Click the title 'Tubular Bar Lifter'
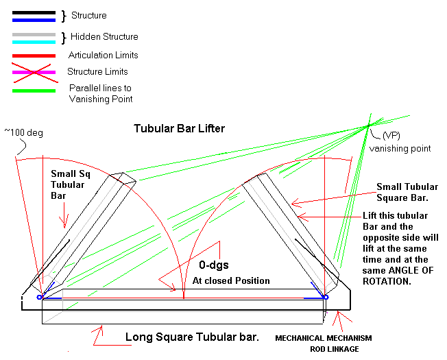tap(180, 128)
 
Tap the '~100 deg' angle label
tap(24, 132)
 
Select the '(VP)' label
tap(391, 135)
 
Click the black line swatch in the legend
tap(34, 12)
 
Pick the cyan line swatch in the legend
tap(34, 43)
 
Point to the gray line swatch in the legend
tap(34, 35)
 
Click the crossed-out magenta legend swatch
tap(34, 73)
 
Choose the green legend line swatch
tap(34, 91)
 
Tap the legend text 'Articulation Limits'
tap(104, 55)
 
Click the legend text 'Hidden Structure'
tap(104, 36)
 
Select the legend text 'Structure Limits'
tap(97, 71)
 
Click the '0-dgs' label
tap(214, 265)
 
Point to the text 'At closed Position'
tap(231, 280)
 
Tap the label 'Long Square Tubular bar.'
tap(192, 337)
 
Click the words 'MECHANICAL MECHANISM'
tap(324, 338)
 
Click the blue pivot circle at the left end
tap(40, 298)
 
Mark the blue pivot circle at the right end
tap(326, 298)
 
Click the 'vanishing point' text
tap(400, 149)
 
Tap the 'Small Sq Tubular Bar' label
tap(71, 184)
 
